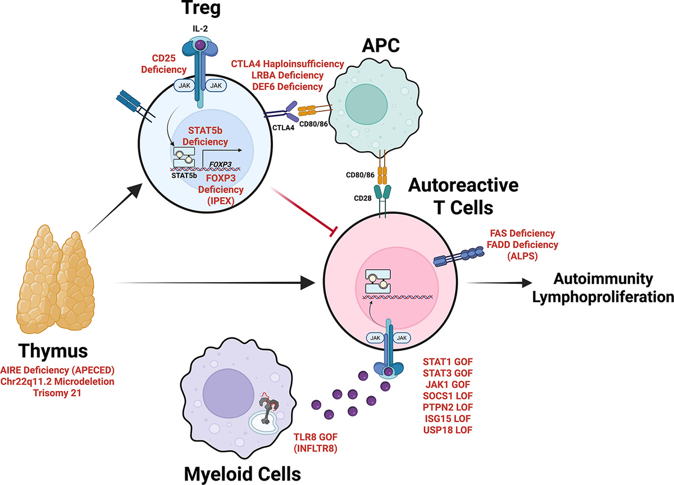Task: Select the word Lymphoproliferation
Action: (x=611, y=297)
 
